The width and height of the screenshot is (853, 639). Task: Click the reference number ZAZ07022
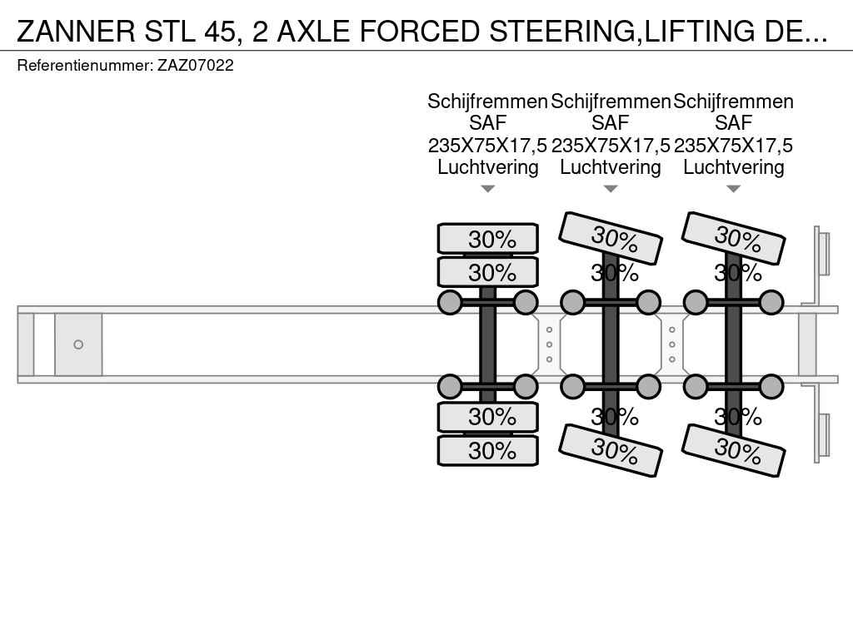click(195, 65)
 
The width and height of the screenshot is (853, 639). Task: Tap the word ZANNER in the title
click(76, 31)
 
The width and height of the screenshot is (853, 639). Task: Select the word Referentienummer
click(85, 65)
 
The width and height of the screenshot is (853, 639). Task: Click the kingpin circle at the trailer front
click(78, 344)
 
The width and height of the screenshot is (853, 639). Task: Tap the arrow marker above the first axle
click(488, 189)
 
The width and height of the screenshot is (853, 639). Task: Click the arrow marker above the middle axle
click(611, 189)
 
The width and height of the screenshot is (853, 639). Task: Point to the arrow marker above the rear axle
click(734, 189)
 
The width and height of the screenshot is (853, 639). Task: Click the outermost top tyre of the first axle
click(488, 239)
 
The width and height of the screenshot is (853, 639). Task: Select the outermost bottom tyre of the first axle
click(488, 450)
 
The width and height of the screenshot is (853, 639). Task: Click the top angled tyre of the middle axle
click(611, 239)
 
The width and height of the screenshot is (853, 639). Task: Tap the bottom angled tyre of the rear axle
click(733, 450)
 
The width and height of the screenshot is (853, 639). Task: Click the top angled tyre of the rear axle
click(733, 239)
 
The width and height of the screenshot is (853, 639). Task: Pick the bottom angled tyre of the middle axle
click(611, 450)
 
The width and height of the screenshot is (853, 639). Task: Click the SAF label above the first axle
click(488, 123)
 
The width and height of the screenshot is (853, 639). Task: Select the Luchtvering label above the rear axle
click(734, 166)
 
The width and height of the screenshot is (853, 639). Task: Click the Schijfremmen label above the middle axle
click(611, 102)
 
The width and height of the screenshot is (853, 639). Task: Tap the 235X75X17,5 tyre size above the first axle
click(487, 146)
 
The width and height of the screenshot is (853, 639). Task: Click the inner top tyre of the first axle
click(488, 272)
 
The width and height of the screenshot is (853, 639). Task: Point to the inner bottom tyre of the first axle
click(488, 418)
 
